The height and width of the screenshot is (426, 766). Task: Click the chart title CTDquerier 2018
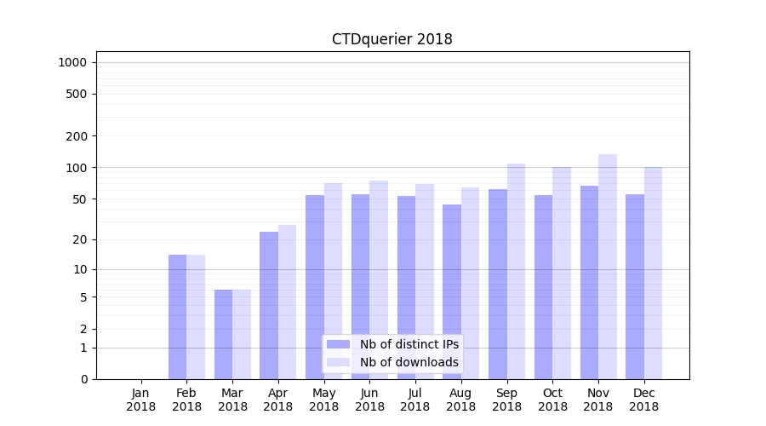click(x=392, y=39)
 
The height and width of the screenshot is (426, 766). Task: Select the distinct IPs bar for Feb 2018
click(x=177, y=317)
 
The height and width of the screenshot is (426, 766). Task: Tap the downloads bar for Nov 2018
click(x=608, y=267)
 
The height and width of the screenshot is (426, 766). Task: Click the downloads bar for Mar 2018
click(x=242, y=334)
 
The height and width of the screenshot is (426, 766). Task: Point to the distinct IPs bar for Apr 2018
click(x=269, y=305)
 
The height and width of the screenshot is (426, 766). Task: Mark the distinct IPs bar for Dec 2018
click(x=635, y=286)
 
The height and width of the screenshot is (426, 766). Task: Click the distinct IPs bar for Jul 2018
click(x=406, y=287)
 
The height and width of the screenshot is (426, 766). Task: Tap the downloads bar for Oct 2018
click(x=562, y=273)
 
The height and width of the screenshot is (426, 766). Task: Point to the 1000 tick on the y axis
click(x=72, y=62)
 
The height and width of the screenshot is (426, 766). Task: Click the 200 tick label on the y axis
click(x=77, y=136)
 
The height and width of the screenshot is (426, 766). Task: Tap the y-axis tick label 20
click(x=80, y=239)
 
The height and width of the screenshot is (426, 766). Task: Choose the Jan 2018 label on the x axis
click(x=141, y=400)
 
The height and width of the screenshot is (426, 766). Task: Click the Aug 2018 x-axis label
click(x=461, y=400)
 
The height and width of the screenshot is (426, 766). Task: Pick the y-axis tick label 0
click(x=83, y=379)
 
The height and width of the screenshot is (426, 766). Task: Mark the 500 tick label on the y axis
click(x=77, y=94)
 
